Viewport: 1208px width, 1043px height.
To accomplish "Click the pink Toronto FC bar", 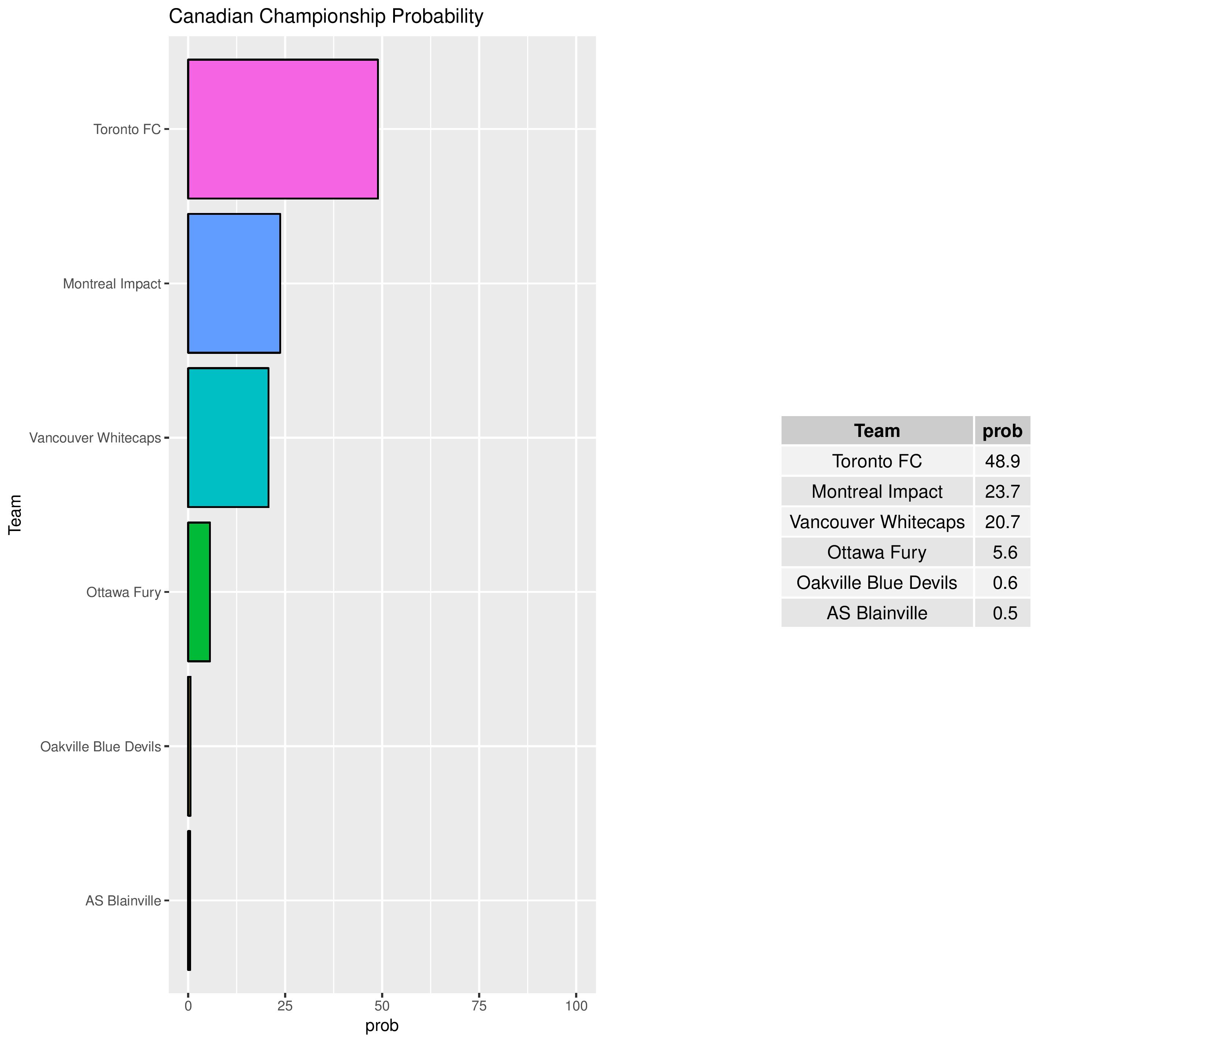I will coord(283,129).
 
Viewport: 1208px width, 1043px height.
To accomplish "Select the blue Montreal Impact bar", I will coord(234,283).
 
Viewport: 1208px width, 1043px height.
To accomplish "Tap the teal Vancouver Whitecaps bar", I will coord(228,437).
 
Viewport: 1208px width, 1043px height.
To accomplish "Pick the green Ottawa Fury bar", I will coord(199,592).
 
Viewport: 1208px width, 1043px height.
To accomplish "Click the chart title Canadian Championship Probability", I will coord(326,16).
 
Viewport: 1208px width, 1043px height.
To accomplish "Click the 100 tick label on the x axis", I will coord(576,1006).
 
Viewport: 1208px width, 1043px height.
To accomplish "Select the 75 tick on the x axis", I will coord(479,1006).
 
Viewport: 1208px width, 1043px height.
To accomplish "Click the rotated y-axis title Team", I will coord(15,514).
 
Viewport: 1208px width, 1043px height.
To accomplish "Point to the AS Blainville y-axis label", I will coord(123,901).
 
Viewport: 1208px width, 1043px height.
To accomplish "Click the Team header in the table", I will coord(877,431).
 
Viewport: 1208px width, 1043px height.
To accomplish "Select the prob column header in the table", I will coord(1002,431).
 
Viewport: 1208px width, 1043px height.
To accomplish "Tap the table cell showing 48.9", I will coord(1002,461).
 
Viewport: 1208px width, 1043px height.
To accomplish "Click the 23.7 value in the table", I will coord(1002,491).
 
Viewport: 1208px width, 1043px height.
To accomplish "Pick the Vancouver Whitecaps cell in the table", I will coord(877,522).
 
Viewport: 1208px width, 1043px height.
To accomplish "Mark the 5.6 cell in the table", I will coord(1004,552).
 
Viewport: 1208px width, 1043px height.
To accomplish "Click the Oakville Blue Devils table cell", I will coord(877,582).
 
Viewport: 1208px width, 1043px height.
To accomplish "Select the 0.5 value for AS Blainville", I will coord(1004,613).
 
